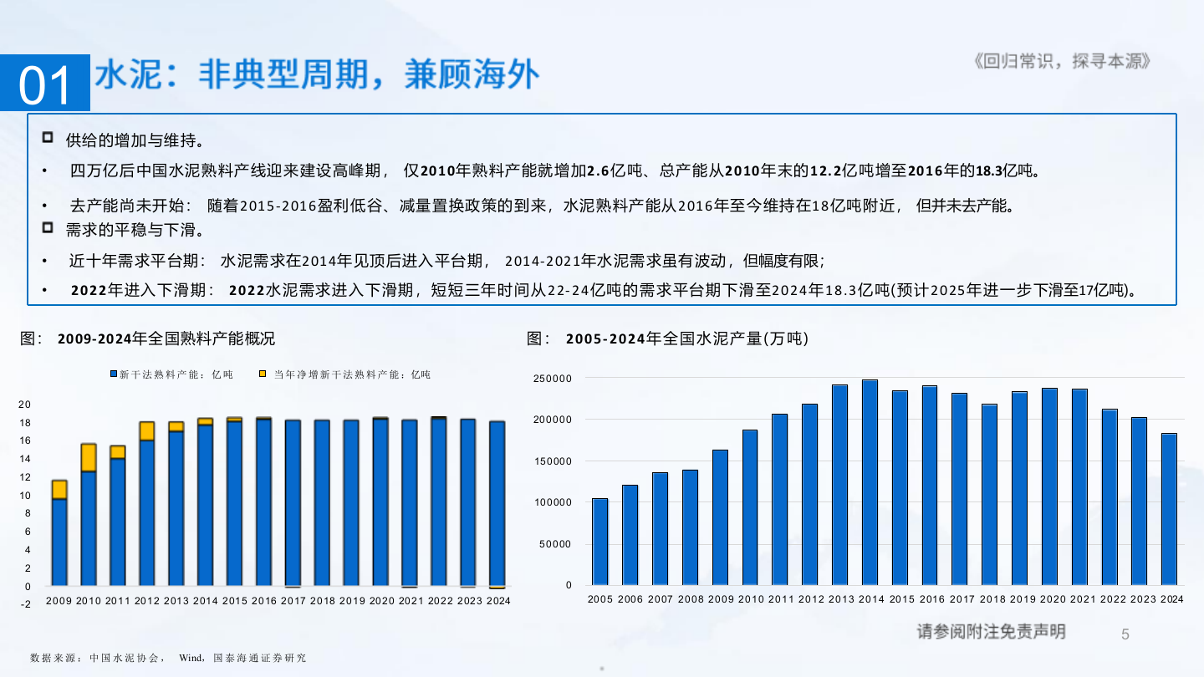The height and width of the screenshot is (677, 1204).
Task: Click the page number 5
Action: tap(1125, 634)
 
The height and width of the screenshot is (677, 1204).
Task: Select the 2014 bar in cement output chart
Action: tap(870, 482)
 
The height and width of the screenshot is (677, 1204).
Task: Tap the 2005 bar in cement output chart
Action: tap(599, 542)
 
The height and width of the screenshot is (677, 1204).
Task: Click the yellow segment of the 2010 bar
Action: tap(88, 457)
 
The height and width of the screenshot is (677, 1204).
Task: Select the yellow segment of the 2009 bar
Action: tap(59, 489)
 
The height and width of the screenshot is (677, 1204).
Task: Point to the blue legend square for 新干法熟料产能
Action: tap(114, 374)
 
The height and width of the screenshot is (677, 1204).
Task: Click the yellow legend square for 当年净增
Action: tap(263, 374)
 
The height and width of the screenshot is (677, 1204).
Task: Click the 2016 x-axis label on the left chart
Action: tap(263, 600)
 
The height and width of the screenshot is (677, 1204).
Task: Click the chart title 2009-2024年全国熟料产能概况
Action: tap(166, 338)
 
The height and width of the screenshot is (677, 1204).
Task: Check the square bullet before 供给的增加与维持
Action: tap(48, 137)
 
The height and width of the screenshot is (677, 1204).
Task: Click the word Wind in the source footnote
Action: tap(191, 658)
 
